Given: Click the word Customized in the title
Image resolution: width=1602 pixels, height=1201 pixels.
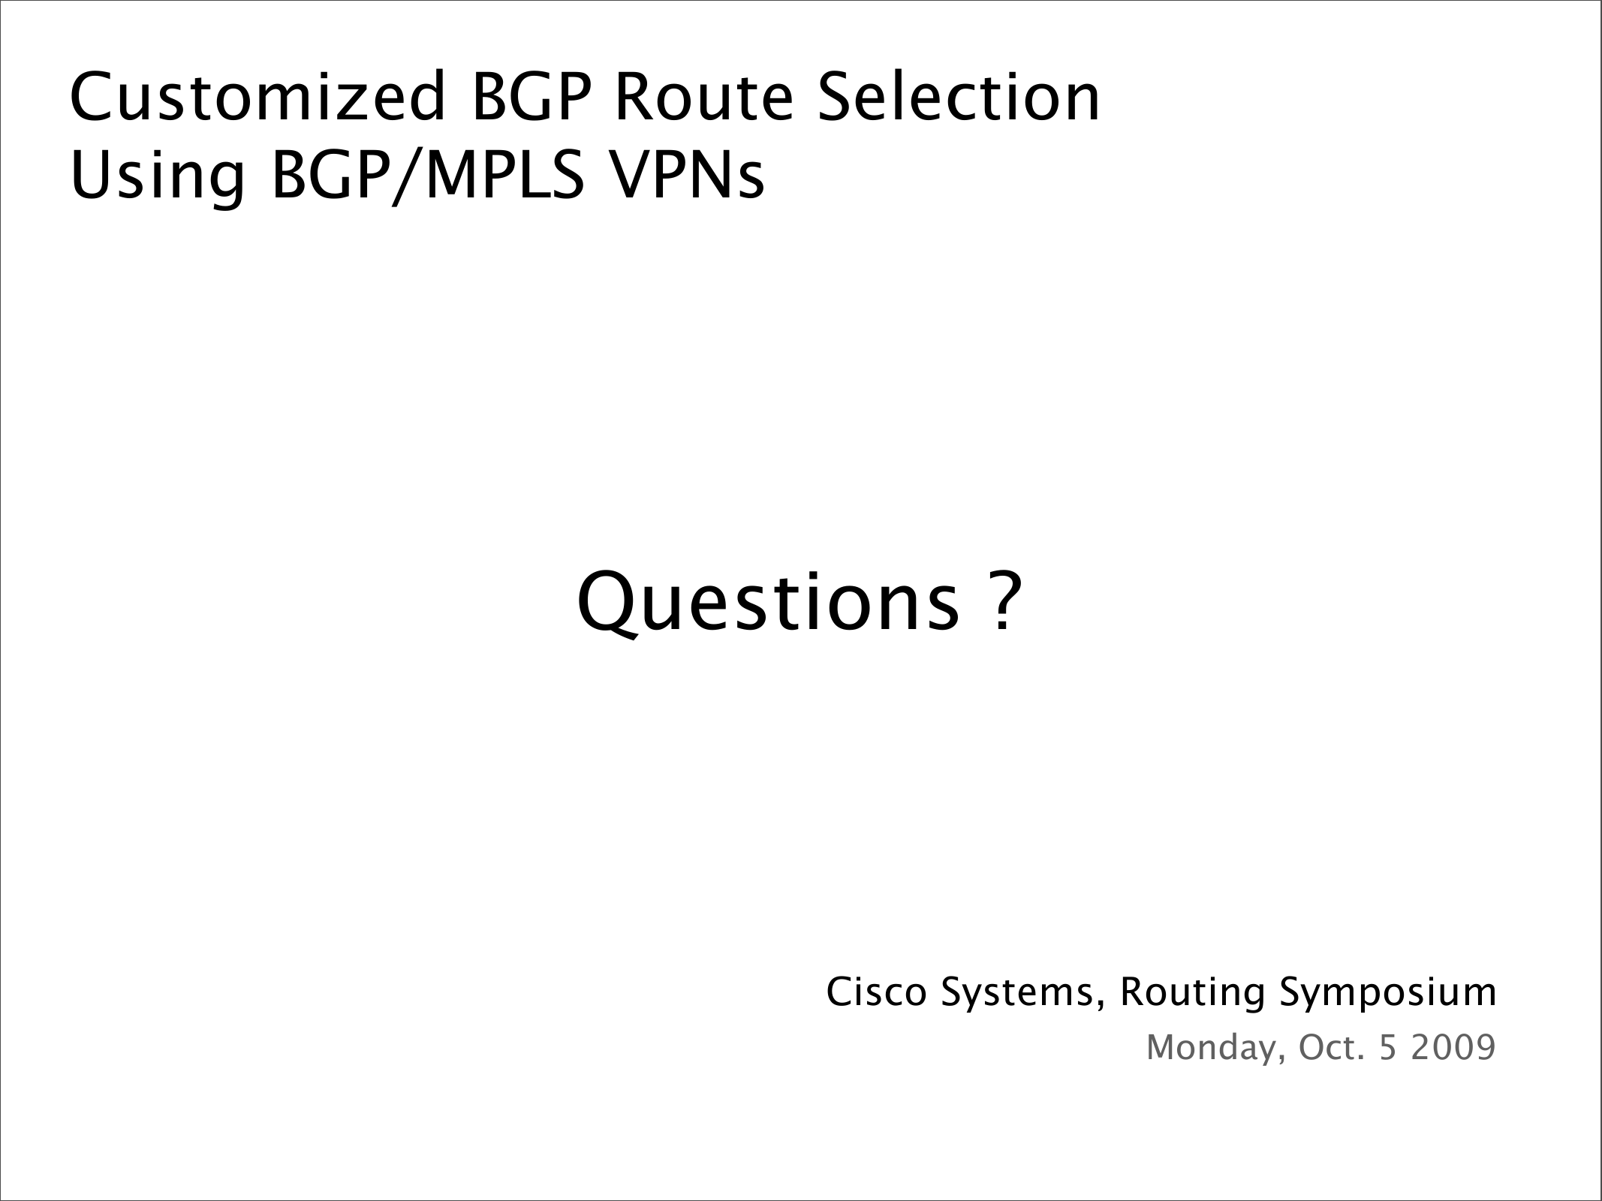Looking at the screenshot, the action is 258,97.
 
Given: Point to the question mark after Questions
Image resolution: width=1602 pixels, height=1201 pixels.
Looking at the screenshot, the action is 1004,600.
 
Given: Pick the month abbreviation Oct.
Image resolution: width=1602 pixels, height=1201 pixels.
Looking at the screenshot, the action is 1331,1047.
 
